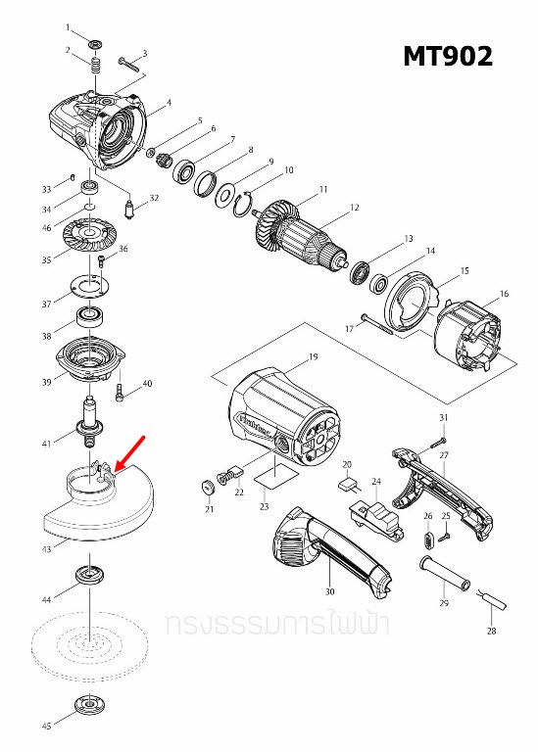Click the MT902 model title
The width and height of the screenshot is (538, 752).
[x=448, y=57]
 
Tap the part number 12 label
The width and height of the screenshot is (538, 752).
[x=355, y=208]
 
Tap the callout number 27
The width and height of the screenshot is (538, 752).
[x=443, y=455]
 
